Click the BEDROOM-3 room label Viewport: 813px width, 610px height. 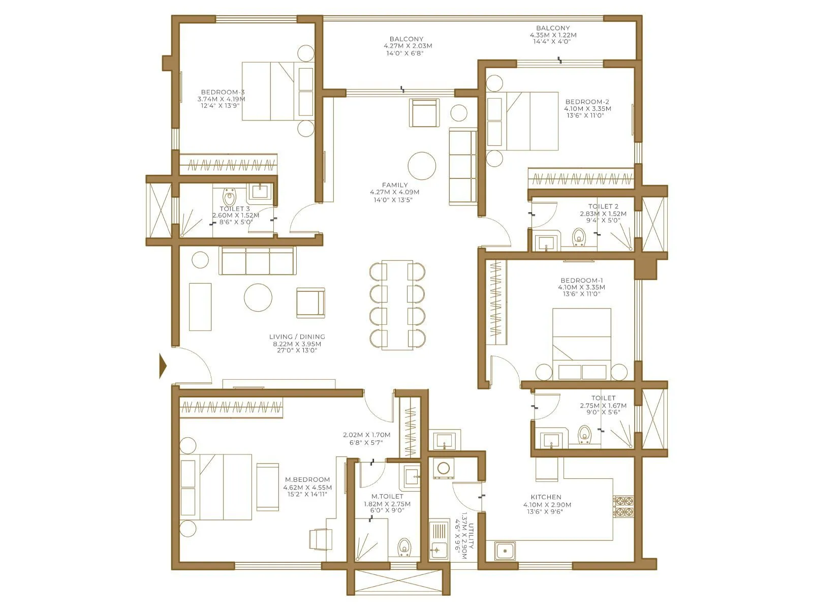[223, 92]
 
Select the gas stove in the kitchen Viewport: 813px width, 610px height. [623, 506]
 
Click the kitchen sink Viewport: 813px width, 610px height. [505, 551]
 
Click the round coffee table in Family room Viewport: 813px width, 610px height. [422, 166]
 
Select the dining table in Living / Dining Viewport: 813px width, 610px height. [397, 304]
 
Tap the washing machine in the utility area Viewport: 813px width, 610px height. [444, 469]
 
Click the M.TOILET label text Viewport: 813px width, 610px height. [387, 496]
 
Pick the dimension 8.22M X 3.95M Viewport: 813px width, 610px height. [297, 344]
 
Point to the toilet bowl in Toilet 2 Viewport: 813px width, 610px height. [578, 236]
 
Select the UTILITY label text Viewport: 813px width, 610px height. [471, 536]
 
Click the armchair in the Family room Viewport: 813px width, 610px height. [424, 113]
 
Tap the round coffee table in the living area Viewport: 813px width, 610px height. [258, 297]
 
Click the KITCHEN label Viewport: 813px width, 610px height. [546, 497]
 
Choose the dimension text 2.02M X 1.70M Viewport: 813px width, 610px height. [366, 435]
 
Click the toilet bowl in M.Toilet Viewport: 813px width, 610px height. [404, 547]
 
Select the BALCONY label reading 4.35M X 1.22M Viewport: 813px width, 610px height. [553, 35]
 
